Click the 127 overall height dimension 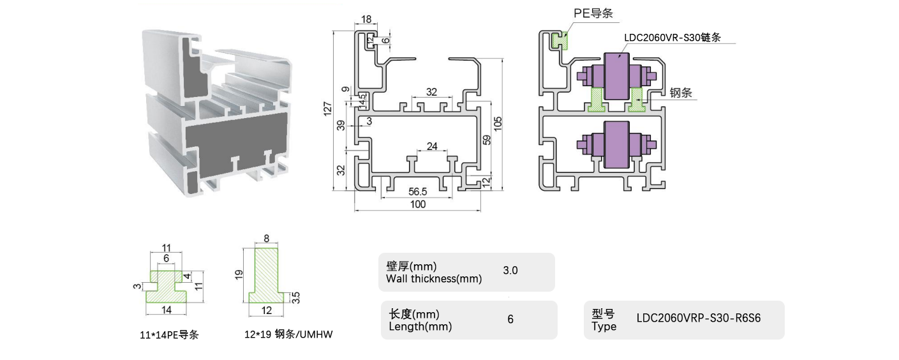click(x=327, y=109)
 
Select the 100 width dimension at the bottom click(x=418, y=205)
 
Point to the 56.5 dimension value click(x=418, y=191)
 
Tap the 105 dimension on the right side click(x=507, y=122)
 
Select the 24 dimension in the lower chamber click(x=432, y=146)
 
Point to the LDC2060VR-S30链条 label click(x=672, y=38)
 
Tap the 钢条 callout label click(x=681, y=93)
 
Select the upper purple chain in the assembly click(x=616, y=76)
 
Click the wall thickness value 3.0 click(x=510, y=271)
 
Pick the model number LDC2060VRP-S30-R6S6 click(x=699, y=319)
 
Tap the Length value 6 click(x=510, y=319)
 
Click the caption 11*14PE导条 click(x=168, y=334)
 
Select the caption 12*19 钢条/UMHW click(x=289, y=334)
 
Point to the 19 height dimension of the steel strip click(x=239, y=274)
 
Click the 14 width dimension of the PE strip click(x=167, y=310)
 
